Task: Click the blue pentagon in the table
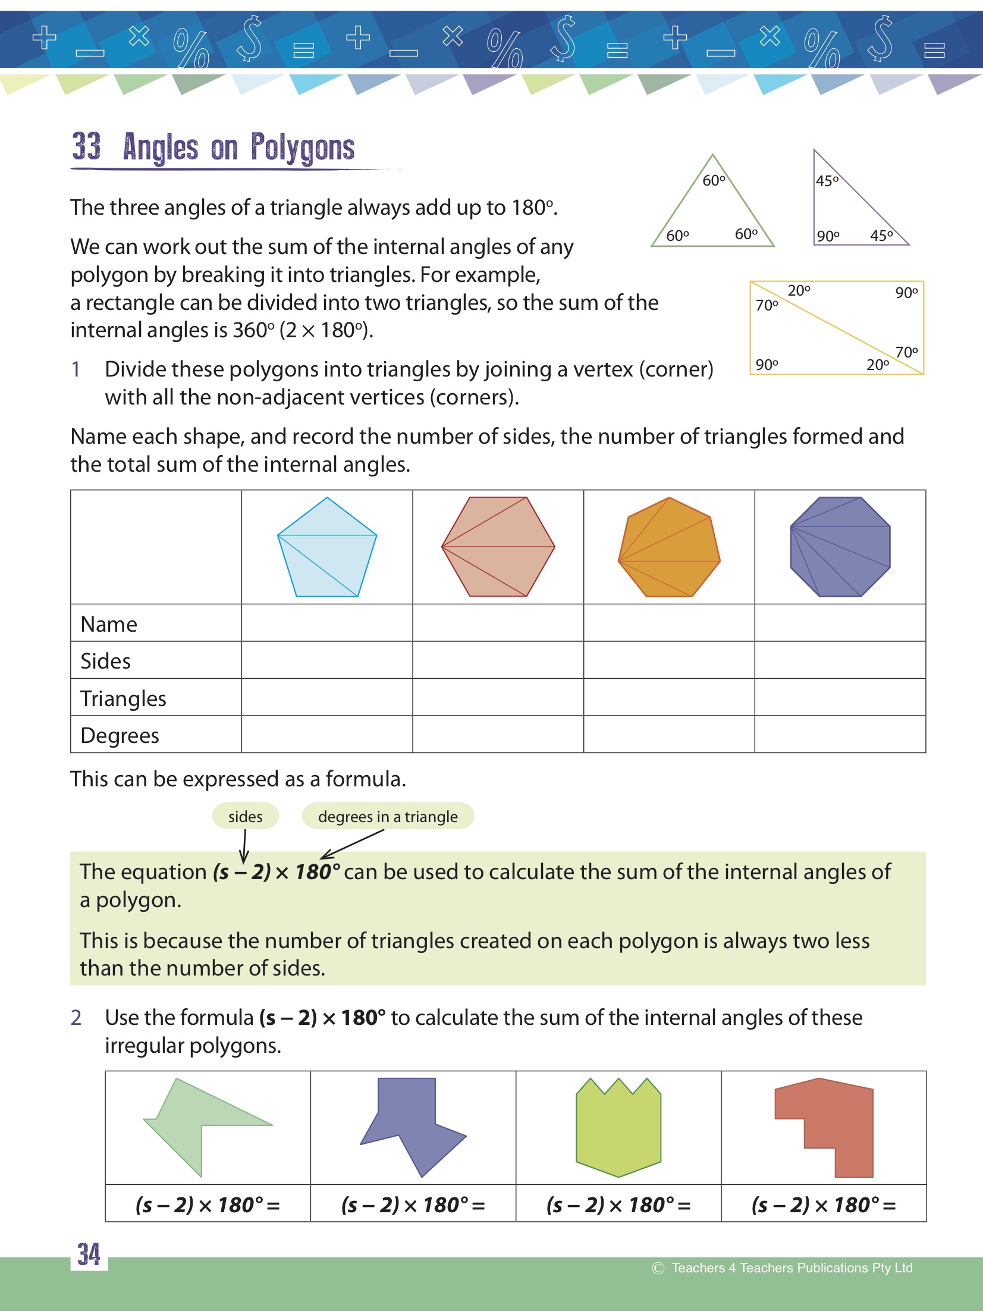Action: click(327, 547)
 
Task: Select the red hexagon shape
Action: click(498, 547)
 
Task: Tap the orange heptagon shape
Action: click(669, 547)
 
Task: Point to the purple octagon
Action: click(840, 547)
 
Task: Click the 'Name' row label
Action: click(109, 624)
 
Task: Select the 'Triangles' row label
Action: click(123, 698)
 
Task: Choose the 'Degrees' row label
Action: click(120, 736)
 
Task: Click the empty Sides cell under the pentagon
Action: click(327, 660)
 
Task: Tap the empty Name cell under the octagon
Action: click(840, 623)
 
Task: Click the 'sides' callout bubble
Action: click(245, 817)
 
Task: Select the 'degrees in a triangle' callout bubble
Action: click(388, 817)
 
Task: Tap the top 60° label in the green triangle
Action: click(714, 180)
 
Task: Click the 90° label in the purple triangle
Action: click(828, 236)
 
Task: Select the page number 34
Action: click(89, 1254)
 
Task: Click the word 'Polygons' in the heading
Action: click(302, 148)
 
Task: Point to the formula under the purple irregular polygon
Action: click(413, 1205)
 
